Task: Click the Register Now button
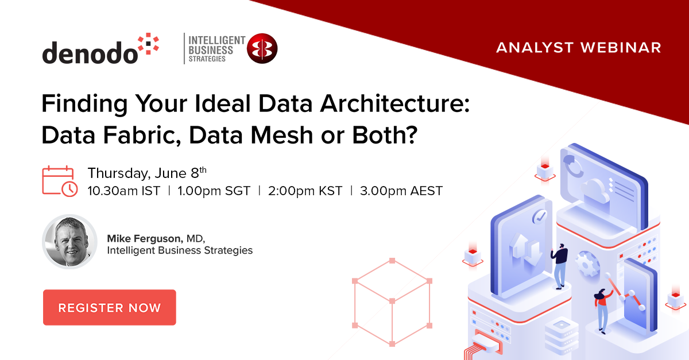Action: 109,308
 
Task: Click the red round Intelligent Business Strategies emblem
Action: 262,48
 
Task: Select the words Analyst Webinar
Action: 578,48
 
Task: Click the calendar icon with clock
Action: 60,181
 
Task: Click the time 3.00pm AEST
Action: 401,191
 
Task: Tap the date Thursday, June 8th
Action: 146,173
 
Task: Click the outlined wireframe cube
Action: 392,302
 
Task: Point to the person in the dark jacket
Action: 559,264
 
